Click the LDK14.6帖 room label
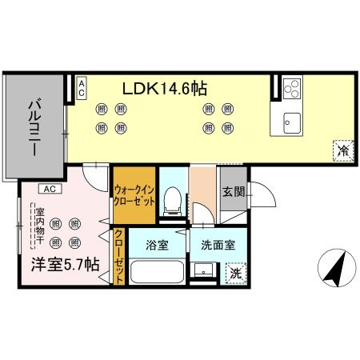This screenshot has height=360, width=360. point(166,89)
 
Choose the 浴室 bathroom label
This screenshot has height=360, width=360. point(157,246)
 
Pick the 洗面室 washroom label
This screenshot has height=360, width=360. point(218,246)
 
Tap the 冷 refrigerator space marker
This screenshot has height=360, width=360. point(342,150)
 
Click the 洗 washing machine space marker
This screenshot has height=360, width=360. point(235,273)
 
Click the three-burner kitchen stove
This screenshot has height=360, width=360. point(290,88)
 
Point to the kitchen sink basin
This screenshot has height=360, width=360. point(290,122)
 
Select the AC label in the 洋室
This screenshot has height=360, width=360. point(50,190)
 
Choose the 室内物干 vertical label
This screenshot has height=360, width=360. point(39,227)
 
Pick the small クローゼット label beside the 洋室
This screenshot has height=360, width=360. point(119,256)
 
